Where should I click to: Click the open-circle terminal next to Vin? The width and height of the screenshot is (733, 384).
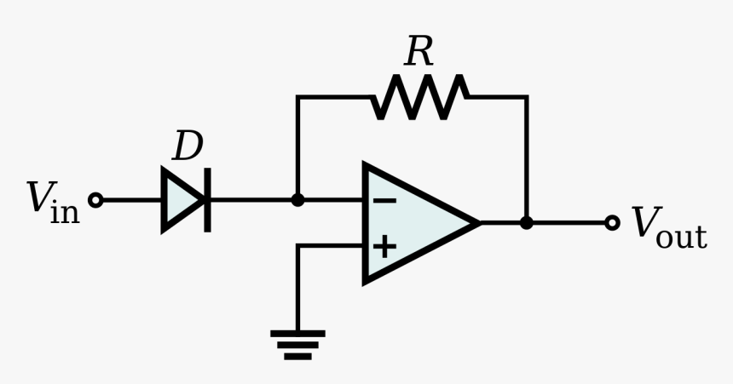coord(95,200)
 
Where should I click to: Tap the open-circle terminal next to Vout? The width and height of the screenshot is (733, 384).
coord(611,223)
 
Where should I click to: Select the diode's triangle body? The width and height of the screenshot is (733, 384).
coord(181,200)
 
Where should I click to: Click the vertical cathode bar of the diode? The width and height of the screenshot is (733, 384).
coord(207,200)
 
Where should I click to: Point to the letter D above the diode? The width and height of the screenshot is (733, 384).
coord(188,147)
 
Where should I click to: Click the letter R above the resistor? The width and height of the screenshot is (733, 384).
coord(418,52)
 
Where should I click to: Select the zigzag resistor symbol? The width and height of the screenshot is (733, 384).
coord(419,97)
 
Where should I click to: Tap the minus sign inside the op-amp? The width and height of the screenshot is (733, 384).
coord(384,201)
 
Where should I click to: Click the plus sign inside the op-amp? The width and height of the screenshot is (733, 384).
coord(384,246)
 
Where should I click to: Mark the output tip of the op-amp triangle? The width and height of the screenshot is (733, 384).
coord(477,223)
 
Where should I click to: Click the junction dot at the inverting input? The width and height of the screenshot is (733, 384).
coord(297,200)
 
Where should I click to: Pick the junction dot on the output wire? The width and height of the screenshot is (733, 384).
coord(526,223)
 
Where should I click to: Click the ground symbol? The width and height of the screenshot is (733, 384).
coord(297,344)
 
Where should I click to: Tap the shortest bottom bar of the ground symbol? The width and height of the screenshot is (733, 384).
coord(297,356)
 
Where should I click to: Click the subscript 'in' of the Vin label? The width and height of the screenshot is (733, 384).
coord(65,211)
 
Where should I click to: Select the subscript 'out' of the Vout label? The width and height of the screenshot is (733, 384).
coord(681,236)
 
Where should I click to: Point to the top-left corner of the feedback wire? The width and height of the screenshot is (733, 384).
coord(297,97)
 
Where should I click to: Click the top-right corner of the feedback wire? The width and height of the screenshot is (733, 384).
coord(526,97)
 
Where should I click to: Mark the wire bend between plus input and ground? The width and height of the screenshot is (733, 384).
coord(297,246)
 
